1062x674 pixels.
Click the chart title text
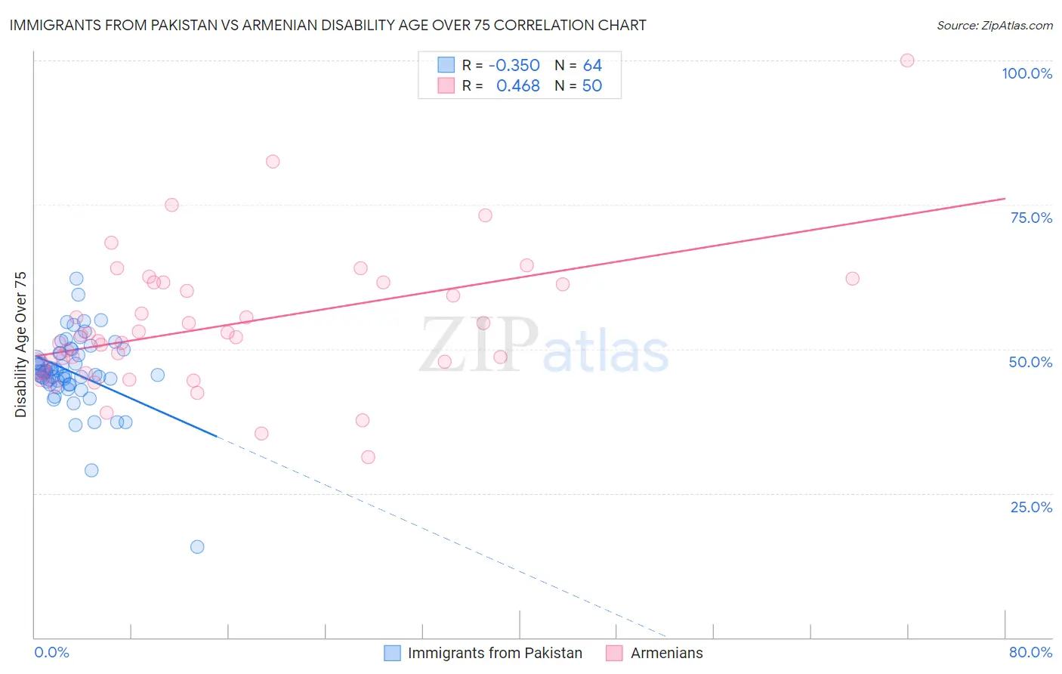(x=328, y=25)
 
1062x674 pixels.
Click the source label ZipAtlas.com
(x=994, y=25)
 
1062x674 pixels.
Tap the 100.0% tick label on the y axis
(x=1026, y=73)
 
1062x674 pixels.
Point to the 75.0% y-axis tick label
(x=1031, y=218)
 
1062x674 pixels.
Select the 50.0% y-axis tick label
(x=1030, y=362)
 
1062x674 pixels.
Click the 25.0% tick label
(x=1031, y=506)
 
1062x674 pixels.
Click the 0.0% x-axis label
(x=51, y=652)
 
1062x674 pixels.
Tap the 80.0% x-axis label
(x=1030, y=652)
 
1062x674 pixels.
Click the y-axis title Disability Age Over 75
(x=21, y=344)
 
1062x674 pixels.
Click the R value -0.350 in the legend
(x=514, y=65)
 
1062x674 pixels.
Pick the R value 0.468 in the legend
(x=517, y=86)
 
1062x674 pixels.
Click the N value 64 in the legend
(x=592, y=65)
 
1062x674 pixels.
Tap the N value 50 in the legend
(x=592, y=86)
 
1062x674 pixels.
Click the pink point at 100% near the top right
(x=907, y=60)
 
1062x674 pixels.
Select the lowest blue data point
(x=197, y=547)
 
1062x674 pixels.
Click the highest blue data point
(x=76, y=279)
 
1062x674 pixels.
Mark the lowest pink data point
(x=368, y=457)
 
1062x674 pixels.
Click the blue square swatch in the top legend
(x=446, y=65)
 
